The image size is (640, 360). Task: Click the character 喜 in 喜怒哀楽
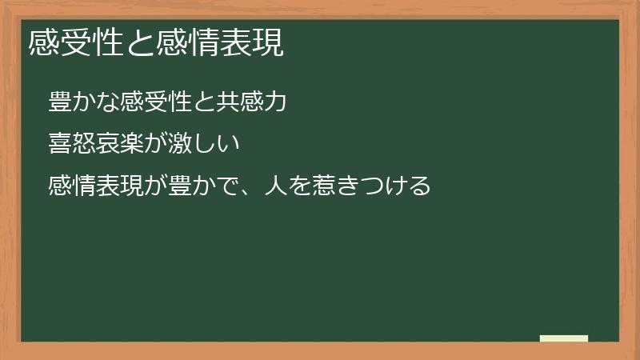pyautogui.click(x=60, y=145)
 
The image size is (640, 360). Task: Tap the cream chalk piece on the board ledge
pyautogui.click(x=564, y=338)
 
